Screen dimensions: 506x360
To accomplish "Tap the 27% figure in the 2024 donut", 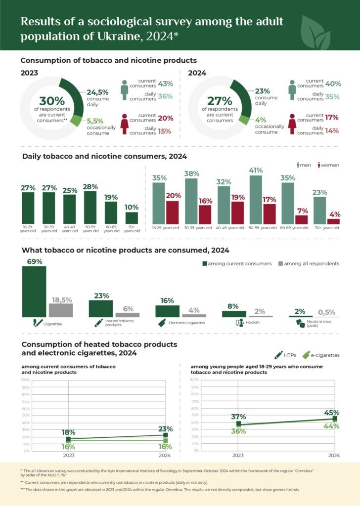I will pyautogui.click(x=219, y=101).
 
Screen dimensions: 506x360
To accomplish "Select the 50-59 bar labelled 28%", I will pyautogui.click(x=90, y=207).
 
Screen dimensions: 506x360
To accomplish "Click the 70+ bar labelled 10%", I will pyautogui.click(x=132, y=217).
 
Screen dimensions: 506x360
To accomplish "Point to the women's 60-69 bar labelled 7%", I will pyautogui.click(x=302, y=219).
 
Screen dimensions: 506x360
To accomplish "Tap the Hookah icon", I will pyautogui.click(x=238, y=323).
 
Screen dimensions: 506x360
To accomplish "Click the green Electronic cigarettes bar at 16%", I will pyautogui.click(x=167, y=311).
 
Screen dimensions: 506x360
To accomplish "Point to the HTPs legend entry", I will pyautogui.click(x=286, y=355).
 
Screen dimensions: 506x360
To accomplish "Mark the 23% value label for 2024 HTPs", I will pyautogui.click(x=166, y=429).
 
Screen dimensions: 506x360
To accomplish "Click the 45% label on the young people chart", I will pyautogui.click(x=332, y=413).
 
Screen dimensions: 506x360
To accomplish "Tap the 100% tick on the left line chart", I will pyautogui.click(x=25, y=379).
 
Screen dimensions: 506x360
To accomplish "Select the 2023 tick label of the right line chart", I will pyautogui.click(x=238, y=455).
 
